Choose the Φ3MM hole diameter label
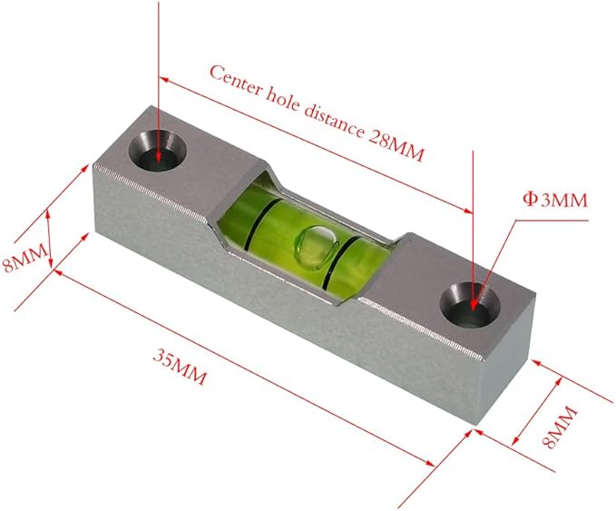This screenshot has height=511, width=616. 556,199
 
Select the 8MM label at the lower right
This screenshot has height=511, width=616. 563,426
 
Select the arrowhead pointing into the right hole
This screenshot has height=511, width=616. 474,296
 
